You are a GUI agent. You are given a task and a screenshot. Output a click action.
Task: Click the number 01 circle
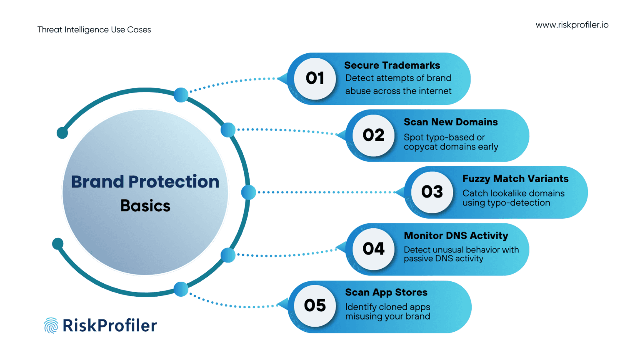[315, 78]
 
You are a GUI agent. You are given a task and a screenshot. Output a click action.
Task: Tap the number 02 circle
[373, 135]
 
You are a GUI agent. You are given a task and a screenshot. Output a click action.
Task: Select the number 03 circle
[432, 192]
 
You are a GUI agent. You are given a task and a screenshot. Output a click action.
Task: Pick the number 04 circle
[373, 249]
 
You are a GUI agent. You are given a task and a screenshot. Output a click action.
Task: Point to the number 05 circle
[315, 306]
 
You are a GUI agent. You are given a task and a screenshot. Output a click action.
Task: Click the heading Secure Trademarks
[392, 65]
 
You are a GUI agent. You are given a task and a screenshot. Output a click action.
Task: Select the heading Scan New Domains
[450, 122]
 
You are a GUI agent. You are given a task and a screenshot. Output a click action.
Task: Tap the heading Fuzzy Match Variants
[515, 179]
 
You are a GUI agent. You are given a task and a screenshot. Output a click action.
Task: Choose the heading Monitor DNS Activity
[456, 236]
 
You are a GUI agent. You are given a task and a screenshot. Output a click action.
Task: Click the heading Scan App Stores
[386, 292]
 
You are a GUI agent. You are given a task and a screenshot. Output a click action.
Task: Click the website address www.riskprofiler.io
[572, 25]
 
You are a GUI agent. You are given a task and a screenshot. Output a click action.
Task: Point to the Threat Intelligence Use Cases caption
[94, 30]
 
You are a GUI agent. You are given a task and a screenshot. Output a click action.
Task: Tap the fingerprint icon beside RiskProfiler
[51, 325]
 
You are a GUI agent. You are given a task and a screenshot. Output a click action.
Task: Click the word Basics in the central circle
[145, 206]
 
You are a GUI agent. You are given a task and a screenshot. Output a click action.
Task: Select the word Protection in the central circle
[174, 182]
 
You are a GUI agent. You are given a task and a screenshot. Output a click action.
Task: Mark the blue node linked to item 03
[248, 192]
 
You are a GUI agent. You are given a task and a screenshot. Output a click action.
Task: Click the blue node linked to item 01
[181, 95]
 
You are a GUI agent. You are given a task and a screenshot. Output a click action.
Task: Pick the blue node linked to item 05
[181, 289]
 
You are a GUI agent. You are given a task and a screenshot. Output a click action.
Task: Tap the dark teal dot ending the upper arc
[62, 133]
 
